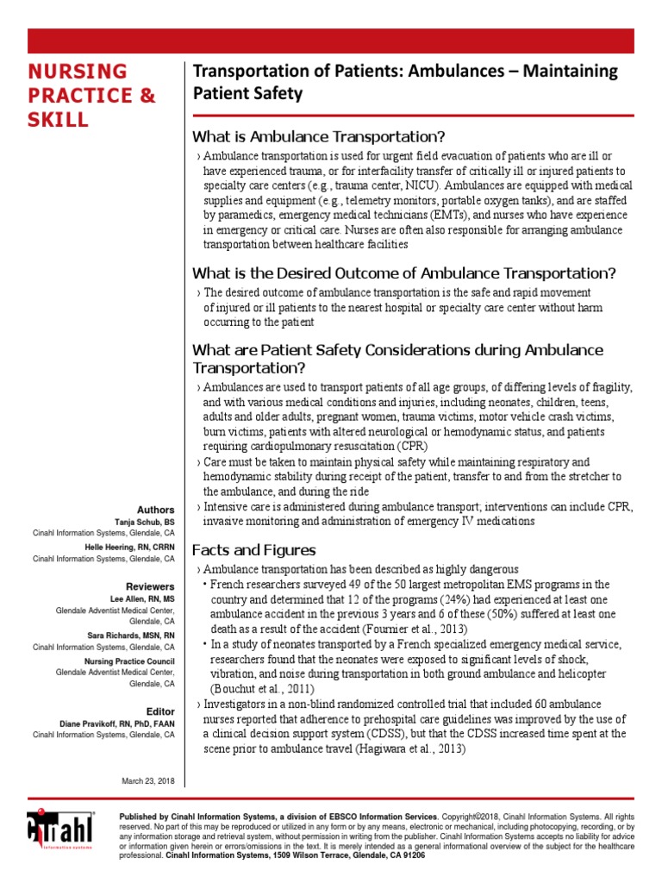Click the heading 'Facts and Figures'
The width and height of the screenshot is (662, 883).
click(253, 550)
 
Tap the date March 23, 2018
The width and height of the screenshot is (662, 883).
click(148, 780)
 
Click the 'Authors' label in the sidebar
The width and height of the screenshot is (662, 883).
click(156, 510)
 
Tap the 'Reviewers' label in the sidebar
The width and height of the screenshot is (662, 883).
click(150, 586)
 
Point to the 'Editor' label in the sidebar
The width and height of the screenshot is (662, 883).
click(160, 711)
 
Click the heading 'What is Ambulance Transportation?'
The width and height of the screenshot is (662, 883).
click(319, 137)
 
